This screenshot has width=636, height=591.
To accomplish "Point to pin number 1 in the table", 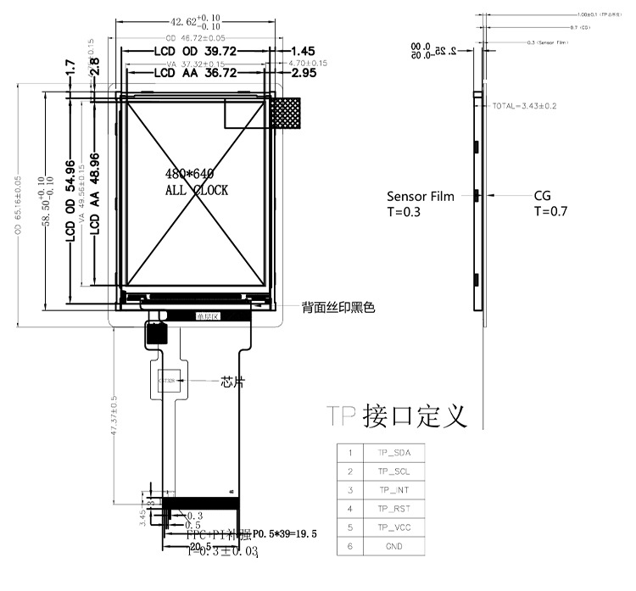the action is click(349, 453).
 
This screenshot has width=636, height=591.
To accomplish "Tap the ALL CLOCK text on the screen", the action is click(196, 191).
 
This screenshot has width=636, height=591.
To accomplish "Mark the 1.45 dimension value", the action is click(303, 53).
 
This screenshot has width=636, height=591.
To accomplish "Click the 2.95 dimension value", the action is click(303, 74).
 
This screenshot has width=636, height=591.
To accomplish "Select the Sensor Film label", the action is click(420, 196).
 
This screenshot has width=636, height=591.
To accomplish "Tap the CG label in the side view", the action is click(542, 196).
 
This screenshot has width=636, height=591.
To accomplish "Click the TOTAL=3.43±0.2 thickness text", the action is click(524, 106).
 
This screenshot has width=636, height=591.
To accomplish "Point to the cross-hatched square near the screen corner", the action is click(286, 114).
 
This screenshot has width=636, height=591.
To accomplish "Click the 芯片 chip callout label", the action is click(232, 382).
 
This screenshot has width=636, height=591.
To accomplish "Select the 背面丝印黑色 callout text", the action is click(338, 306).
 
